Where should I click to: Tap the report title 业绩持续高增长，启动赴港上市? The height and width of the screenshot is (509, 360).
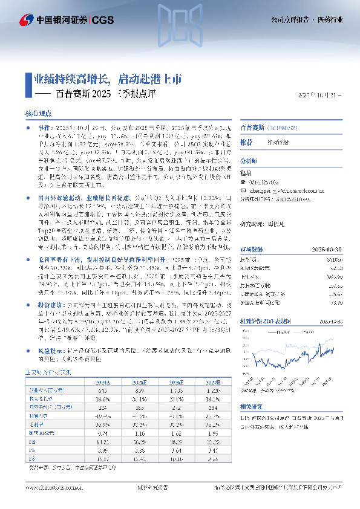(106, 79)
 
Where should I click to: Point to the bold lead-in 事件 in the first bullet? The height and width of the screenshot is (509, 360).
(44, 129)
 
